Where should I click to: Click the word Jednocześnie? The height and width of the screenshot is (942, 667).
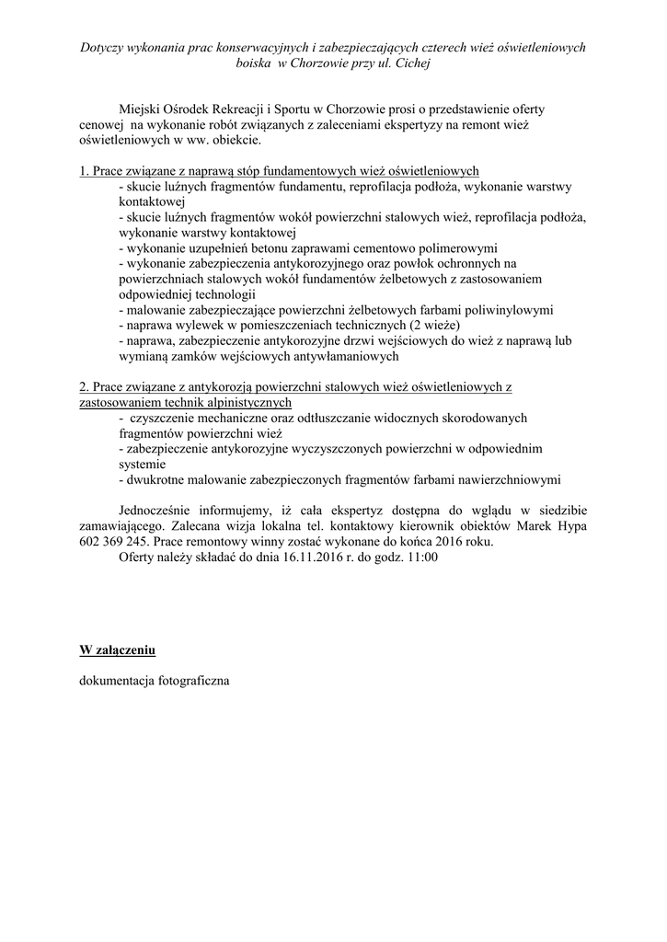click(161, 511)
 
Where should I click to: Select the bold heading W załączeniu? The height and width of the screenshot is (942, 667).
click(117, 650)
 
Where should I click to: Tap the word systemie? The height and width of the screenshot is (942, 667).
click(144, 464)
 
